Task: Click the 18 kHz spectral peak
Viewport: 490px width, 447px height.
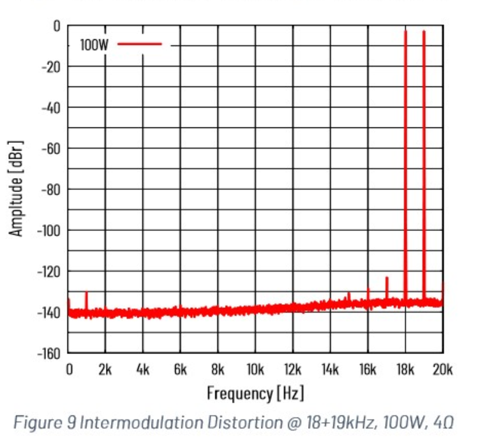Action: (405, 159)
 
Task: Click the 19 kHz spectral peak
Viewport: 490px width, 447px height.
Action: (424, 159)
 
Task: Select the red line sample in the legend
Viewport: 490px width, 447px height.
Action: (140, 44)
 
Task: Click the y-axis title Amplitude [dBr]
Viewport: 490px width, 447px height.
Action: (17, 187)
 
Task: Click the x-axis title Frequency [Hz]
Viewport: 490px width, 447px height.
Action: (255, 393)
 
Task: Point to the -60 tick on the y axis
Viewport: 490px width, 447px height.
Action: (50, 149)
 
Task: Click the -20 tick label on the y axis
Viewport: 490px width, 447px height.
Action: (50, 66)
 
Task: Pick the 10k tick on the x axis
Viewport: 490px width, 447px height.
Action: (255, 369)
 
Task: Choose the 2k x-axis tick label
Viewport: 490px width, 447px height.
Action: (105, 369)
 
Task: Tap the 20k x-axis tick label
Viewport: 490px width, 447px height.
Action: (442, 369)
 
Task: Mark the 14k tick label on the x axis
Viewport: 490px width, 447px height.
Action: (330, 369)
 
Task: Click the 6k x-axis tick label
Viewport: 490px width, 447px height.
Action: (180, 369)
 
